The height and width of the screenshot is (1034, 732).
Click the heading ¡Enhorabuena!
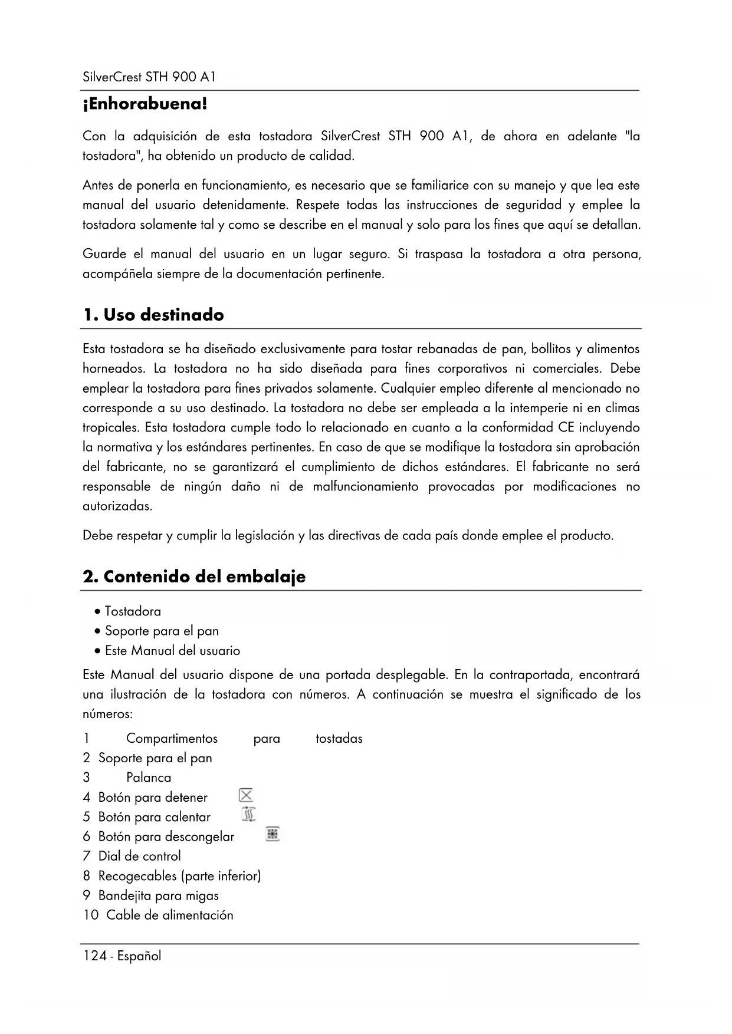pyautogui.click(x=145, y=105)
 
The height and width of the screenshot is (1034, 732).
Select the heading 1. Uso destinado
pyautogui.click(x=153, y=315)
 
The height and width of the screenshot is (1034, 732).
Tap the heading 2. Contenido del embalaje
pyautogui.click(x=194, y=577)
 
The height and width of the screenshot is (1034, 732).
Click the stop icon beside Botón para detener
pyautogui.click(x=246, y=795)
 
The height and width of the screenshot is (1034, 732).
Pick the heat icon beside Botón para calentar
pyautogui.click(x=249, y=815)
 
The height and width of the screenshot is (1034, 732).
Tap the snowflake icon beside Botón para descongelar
pyautogui.click(x=272, y=834)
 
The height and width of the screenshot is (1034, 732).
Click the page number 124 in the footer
pyautogui.click(x=94, y=956)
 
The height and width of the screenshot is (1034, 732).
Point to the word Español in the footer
pyautogui.click(x=139, y=956)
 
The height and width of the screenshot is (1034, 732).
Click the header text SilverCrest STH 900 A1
pyautogui.click(x=149, y=77)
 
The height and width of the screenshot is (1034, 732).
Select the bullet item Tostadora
pyautogui.click(x=133, y=611)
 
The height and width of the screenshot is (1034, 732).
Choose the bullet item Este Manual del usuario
pyautogui.click(x=172, y=651)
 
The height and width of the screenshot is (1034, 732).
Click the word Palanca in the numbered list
pyautogui.click(x=149, y=778)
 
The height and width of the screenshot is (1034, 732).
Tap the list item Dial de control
pyautogui.click(x=139, y=856)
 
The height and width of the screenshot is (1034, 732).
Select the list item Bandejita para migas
pyautogui.click(x=158, y=895)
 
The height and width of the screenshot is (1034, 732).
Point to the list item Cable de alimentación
pyautogui.click(x=169, y=915)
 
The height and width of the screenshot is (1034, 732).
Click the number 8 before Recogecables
pyautogui.click(x=87, y=876)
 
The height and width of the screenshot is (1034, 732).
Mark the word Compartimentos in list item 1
pyautogui.click(x=172, y=739)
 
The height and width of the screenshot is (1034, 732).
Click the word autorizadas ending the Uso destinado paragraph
pyautogui.click(x=117, y=506)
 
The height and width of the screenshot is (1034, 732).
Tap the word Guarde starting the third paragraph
pyautogui.click(x=104, y=255)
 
